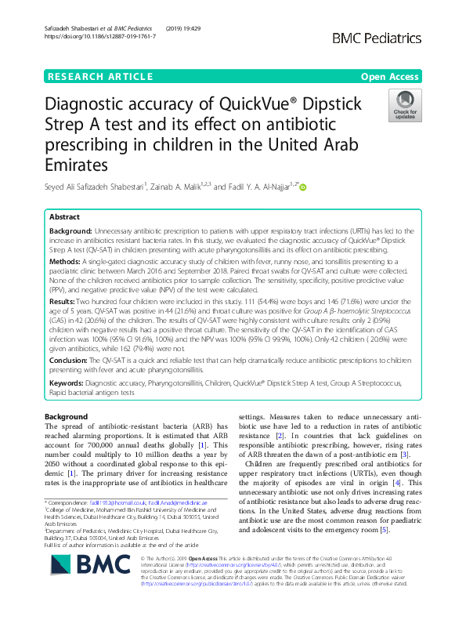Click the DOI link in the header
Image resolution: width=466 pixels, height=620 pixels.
click(x=97, y=36)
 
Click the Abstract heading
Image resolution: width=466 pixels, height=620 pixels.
click(x=64, y=216)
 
